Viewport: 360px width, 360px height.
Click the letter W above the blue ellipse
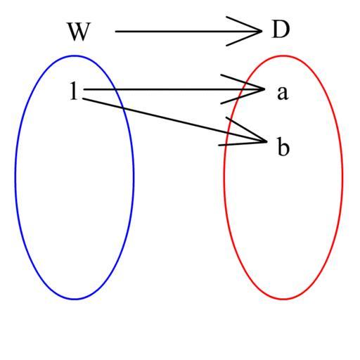click(79, 32)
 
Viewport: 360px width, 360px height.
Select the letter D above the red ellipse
click(281, 30)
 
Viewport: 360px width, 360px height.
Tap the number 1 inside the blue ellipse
click(74, 91)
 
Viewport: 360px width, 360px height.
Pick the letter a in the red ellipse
click(283, 93)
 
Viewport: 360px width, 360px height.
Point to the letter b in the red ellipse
click(283, 146)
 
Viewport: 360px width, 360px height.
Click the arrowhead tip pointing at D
click(262, 31)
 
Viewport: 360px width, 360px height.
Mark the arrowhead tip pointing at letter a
click(264, 89)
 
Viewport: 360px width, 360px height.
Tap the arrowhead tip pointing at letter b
click(266, 141)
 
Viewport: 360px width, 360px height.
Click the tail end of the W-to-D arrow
click(115, 31)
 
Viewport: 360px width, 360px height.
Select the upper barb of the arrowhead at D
click(244, 24)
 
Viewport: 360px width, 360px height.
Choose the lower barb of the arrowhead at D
click(244, 38)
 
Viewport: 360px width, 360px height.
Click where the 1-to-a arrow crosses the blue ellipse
click(115, 89)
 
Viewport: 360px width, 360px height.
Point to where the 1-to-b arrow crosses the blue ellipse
click(123, 108)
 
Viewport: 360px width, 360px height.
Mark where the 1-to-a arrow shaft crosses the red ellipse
click(243, 89)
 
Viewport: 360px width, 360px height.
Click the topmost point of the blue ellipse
click(75, 56)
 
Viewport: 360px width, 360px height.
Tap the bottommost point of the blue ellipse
click(75, 299)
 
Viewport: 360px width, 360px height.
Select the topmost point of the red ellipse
click(283, 56)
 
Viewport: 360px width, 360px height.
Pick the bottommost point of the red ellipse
click(283, 299)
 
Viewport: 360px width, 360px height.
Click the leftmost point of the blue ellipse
click(15, 177)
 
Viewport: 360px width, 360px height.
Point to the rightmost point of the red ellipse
click(342, 177)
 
